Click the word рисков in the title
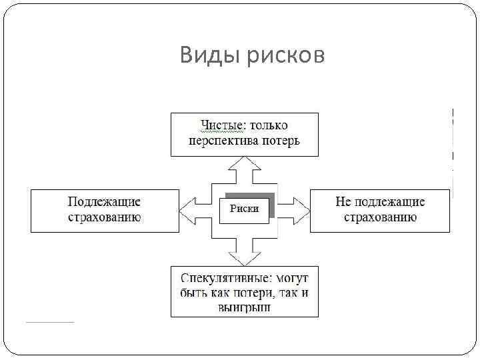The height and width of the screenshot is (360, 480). [286, 56]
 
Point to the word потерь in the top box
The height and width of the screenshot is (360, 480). [280, 141]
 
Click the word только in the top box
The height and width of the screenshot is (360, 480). [273, 125]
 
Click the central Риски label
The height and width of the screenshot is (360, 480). [244, 209]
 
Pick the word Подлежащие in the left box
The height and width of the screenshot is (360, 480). [105, 201]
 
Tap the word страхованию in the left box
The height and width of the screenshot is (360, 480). [105, 217]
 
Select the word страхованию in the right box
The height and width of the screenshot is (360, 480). [380, 217]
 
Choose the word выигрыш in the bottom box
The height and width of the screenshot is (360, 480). [244, 308]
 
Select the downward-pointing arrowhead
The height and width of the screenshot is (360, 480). [244, 258]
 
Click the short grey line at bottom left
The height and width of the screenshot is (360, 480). [50, 323]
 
